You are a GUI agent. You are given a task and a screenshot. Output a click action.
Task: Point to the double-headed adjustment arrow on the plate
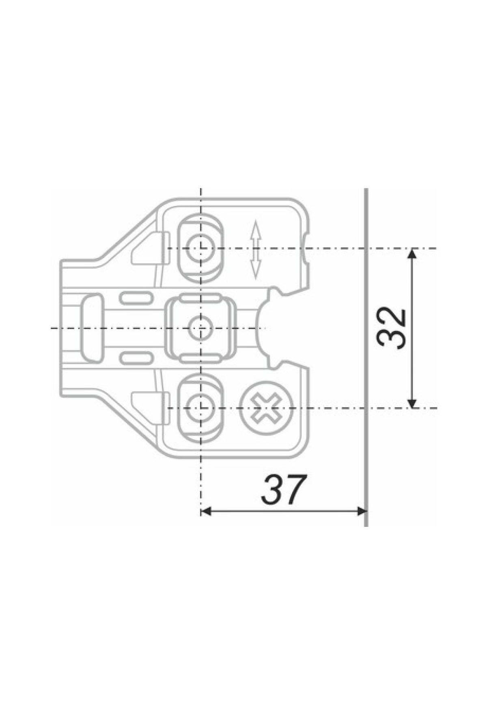tap(255, 249)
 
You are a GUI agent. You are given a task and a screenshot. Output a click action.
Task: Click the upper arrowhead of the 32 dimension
tap(412, 253)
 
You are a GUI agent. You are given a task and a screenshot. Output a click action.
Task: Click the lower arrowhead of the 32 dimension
tap(412, 402)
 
